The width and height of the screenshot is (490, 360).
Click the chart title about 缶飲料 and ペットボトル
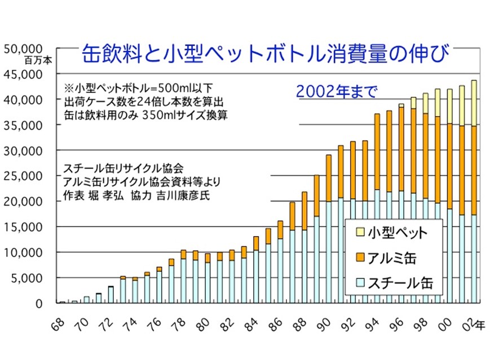pyautogui.click(x=266, y=55)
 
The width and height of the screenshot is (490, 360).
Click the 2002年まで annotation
pyautogui.click(x=336, y=91)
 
